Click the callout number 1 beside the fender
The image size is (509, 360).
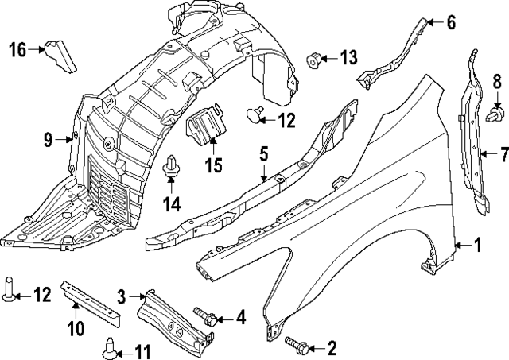478,246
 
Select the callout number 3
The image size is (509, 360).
122,297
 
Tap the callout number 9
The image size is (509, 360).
48,141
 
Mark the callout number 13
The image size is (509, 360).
349,57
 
